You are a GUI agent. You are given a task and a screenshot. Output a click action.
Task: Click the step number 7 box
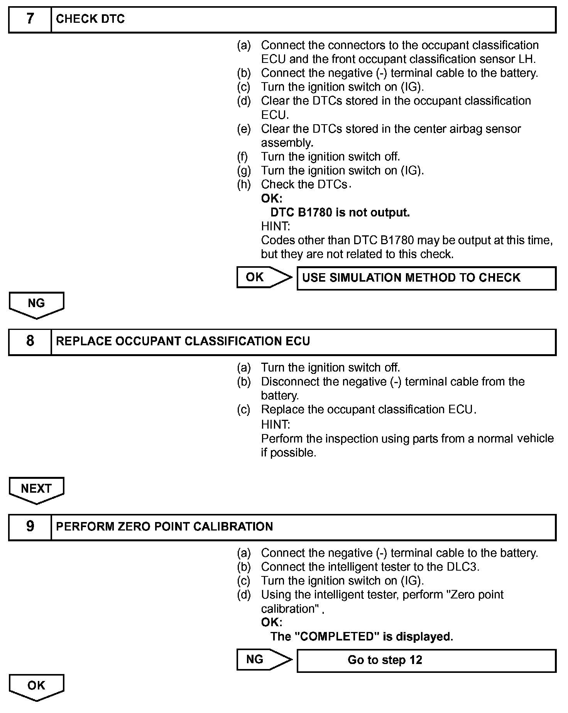click(30, 19)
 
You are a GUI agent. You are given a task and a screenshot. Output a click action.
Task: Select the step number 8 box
click(30, 341)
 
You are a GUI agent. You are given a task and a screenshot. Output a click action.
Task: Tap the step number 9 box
click(30, 527)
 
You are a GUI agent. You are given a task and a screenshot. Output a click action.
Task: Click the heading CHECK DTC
click(90, 19)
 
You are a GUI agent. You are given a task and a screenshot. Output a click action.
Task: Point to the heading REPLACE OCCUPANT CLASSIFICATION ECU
click(183, 341)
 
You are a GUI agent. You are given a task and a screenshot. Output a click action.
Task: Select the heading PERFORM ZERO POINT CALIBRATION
click(164, 527)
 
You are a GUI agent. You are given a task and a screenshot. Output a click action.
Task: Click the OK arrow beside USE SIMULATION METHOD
click(264, 277)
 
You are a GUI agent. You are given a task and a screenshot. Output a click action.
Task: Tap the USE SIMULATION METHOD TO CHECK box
click(426, 278)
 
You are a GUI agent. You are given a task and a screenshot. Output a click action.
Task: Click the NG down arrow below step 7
click(36, 304)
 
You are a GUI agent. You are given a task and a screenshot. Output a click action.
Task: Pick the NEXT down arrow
click(36, 490)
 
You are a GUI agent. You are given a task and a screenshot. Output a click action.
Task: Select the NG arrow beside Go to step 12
click(264, 660)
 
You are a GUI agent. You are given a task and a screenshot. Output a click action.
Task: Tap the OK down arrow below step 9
click(36, 686)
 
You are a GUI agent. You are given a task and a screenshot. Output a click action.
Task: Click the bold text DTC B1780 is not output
click(340, 213)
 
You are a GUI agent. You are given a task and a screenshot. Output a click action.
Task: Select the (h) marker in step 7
click(244, 185)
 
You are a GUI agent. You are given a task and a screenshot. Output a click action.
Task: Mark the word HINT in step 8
click(275, 424)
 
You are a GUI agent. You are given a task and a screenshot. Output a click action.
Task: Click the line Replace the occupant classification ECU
click(369, 409)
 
